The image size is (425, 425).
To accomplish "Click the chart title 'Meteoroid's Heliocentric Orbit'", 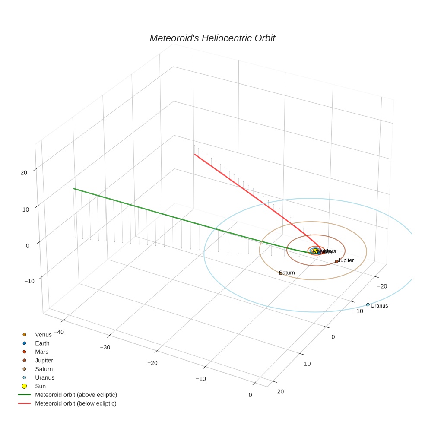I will (x=212, y=38).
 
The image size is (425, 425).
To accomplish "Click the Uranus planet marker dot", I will (x=368, y=304).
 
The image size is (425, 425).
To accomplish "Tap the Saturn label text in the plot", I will (x=288, y=273).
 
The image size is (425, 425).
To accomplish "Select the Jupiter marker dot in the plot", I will (x=336, y=261).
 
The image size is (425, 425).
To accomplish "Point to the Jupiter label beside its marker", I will (x=346, y=260).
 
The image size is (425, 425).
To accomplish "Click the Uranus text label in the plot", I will (x=380, y=306).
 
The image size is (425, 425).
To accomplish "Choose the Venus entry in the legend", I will (x=43, y=334).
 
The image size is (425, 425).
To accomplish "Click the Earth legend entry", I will (x=42, y=343).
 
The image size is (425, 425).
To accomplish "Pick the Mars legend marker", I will (x=25, y=352).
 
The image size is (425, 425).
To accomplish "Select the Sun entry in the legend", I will (x=41, y=386).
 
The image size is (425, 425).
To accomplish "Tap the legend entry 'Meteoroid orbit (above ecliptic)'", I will (x=76, y=395).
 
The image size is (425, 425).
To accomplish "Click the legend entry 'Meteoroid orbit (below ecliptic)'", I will (x=76, y=403).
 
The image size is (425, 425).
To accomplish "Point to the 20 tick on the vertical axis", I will (x=24, y=172).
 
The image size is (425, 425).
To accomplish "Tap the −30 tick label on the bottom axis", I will (x=105, y=347).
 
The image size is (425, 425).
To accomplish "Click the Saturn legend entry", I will (x=44, y=369).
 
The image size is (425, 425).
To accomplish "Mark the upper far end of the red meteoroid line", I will (x=195, y=154).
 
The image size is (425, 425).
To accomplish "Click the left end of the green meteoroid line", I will (x=73, y=188).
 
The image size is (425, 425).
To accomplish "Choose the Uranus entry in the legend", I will (x=44, y=377).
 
